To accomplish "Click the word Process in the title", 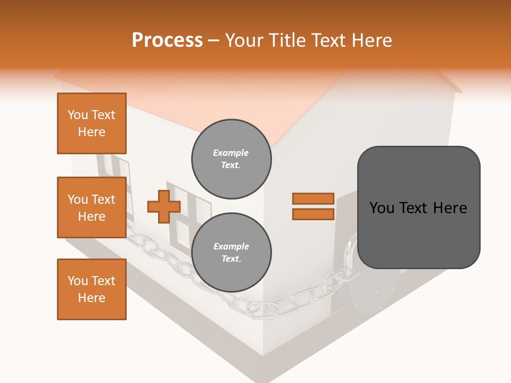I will point(167,40).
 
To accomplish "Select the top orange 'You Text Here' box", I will point(92,123).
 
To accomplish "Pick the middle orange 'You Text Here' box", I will point(92,207).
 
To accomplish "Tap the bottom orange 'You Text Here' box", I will point(92,289).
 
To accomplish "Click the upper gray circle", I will point(232,159).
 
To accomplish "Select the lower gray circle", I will point(232,253).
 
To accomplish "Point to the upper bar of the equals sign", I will point(313,198).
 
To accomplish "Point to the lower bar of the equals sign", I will point(313,214).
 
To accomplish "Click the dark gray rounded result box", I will point(418,207).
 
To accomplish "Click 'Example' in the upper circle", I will point(230,153).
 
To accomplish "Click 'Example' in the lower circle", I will point(231,246).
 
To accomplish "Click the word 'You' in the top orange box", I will point(77,115).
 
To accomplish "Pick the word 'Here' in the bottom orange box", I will point(92,298).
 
